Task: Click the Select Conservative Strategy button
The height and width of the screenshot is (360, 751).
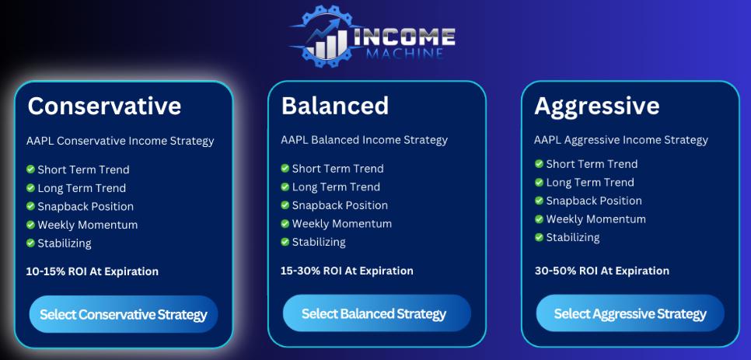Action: pyautogui.click(x=124, y=315)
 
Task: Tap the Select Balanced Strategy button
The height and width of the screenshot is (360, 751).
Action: pyautogui.click(x=377, y=313)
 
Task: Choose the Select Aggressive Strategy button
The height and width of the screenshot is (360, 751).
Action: pyautogui.click(x=630, y=313)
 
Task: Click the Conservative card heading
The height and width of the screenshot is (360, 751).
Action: pyautogui.click(x=104, y=107)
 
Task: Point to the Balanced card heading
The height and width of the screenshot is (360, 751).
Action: pyautogui.click(x=335, y=105)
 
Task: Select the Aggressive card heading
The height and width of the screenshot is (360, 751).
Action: pyautogui.click(x=597, y=107)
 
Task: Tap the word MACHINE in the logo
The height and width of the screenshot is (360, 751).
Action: pyautogui.click(x=405, y=52)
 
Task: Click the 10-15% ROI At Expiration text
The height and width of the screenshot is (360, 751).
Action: pyautogui.click(x=92, y=271)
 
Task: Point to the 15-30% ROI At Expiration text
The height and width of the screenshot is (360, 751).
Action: pyautogui.click(x=347, y=271)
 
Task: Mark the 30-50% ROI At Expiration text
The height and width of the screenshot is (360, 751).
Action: pyautogui.click(x=602, y=271)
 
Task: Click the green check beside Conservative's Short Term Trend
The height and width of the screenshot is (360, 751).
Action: pyautogui.click(x=30, y=169)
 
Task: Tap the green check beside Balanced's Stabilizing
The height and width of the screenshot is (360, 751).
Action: pyautogui.click(x=285, y=242)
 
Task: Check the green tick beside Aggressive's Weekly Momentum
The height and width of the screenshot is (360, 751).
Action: pyautogui.click(x=539, y=218)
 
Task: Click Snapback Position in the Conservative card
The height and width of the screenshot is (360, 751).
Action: pyautogui.click(x=86, y=207)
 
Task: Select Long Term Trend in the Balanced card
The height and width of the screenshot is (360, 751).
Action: pyautogui.click(x=336, y=187)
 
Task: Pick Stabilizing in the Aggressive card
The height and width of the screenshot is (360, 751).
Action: pyautogui.click(x=573, y=237)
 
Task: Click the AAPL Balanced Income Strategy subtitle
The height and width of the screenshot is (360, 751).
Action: pyautogui.click(x=365, y=140)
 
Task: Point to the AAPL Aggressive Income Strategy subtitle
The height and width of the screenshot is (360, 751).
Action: pyautogui.click(x=620, y=140)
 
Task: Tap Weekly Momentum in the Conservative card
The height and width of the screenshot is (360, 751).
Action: pyautogui.click(x=88, y=225)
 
